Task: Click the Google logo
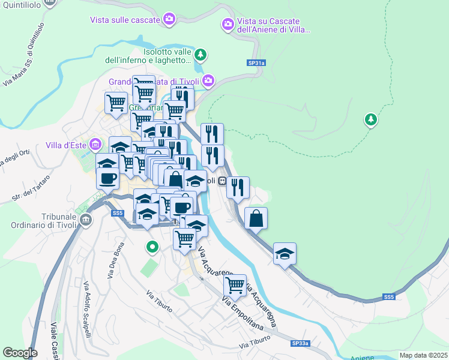tap(20, 353)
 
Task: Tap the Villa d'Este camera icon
tap(95, 145)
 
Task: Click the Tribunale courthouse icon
tap(85, 220)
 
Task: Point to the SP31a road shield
tap(255, 63)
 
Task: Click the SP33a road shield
tap(300, 343)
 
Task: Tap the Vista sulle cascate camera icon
tap(170, 20)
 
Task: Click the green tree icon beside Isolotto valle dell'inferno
tap(201, 55)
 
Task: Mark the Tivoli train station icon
tap(221, 181)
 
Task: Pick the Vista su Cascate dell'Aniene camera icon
tap(228, 25)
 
